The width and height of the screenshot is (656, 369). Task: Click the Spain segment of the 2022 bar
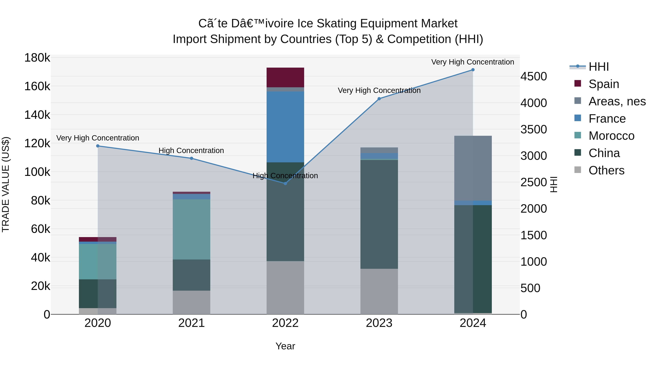[x=285, y=77]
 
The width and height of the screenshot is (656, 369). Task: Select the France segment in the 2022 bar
[x=285, y=127]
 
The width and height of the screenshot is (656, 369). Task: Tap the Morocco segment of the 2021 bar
[x=192, y=229]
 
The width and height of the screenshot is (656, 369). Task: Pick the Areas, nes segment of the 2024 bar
[x=473, y=168]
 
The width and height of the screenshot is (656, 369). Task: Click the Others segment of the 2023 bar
[x=379, y=291]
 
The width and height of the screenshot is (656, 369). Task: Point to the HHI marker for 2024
[x=473, y=70]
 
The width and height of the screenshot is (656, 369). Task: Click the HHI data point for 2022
[x=285, y=183]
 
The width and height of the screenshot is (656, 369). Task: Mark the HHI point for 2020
[x=98, y=146]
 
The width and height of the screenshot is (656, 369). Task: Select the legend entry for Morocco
[x=611, y=136]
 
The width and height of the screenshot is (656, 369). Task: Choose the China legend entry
[x=604, y=153]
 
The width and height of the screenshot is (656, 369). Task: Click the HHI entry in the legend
[x=598, y=67]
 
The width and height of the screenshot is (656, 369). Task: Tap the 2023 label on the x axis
[x=379, y=323]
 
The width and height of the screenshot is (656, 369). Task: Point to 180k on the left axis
[x=37, y=58]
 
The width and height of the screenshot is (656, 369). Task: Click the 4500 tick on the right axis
[x=534, y=76]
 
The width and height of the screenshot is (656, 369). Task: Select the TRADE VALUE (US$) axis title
[x=6, y=184]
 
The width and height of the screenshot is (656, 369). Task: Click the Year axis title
[x=285, y=346]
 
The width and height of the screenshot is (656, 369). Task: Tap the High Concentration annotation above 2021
[x=191, y=151]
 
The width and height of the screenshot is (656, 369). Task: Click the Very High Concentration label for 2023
[x=379, y=90]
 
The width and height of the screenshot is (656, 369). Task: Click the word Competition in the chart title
[x=418, y=39]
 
